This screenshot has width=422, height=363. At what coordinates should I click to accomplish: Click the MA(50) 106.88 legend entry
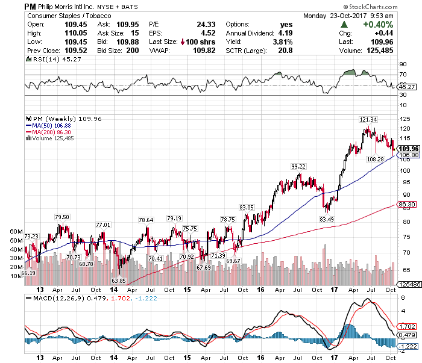coord(48,125)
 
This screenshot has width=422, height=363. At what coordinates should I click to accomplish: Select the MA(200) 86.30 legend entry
coord(49,132)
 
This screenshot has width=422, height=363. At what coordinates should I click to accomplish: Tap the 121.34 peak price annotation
coord(368,119)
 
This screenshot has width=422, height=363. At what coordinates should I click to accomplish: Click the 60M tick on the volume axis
coord(16,231)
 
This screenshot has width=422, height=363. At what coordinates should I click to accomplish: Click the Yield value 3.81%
coord(282,42)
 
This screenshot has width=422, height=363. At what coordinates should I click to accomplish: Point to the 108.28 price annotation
coord(375,159)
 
